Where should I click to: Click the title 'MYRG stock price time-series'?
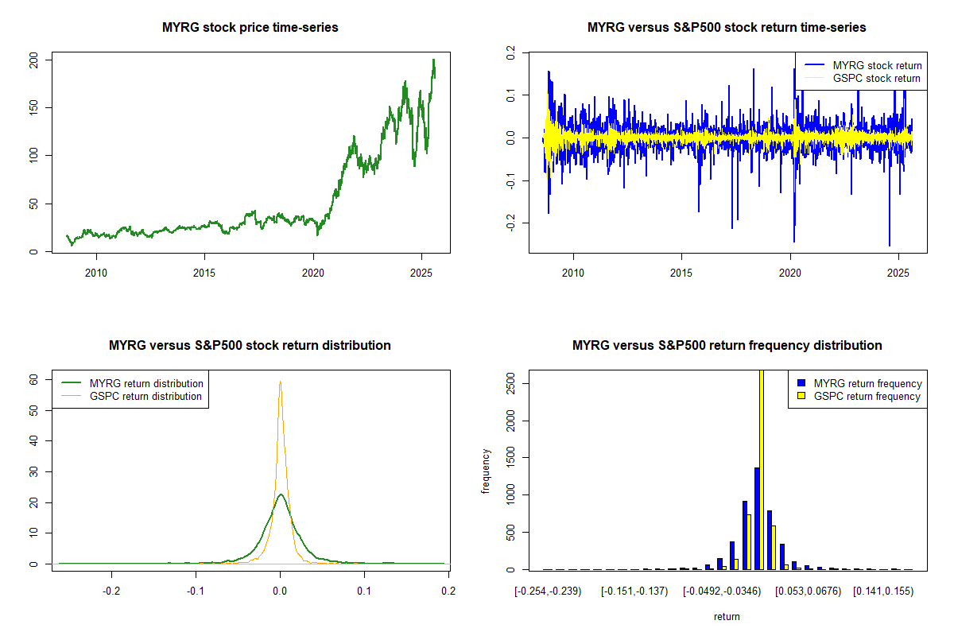(250, 28)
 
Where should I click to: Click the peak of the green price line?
(433, 60)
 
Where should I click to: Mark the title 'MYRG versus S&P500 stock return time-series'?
(727, 28)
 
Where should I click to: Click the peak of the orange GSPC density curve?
(280, 382)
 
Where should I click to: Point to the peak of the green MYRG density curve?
(281, 494)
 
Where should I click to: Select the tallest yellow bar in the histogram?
(761, 469)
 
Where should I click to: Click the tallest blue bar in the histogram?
(757, 518)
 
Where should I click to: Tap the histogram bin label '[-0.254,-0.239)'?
(549, 591)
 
